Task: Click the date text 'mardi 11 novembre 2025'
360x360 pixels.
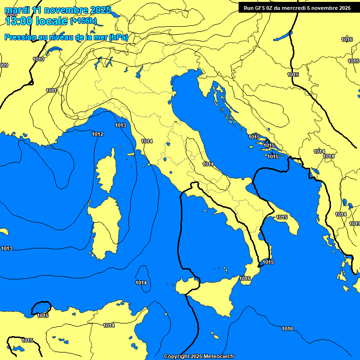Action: click(58, 10)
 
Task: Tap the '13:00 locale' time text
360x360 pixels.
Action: click(37, 21)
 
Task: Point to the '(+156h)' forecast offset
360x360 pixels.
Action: click(83, 21)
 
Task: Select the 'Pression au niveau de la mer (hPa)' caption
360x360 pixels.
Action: click(66, 37)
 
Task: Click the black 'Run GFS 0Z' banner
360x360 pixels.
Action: click(297, 7)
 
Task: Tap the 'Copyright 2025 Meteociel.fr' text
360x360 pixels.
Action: click(199, 356)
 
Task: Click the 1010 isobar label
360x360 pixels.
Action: click(38, 59)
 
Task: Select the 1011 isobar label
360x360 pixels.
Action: click(52, 90)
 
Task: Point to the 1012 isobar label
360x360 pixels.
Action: click(97, 134)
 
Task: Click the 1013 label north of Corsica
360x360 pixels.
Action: click(120, 125)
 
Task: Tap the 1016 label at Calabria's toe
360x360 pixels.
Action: click(245, 278)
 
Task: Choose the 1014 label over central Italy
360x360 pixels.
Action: click(208, 164)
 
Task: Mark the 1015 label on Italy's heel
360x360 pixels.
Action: click(282, 217)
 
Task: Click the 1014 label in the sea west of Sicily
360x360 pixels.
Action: click(141, 283)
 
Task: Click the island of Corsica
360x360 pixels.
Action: click(106, 171)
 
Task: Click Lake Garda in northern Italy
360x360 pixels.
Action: click(139, 72)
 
